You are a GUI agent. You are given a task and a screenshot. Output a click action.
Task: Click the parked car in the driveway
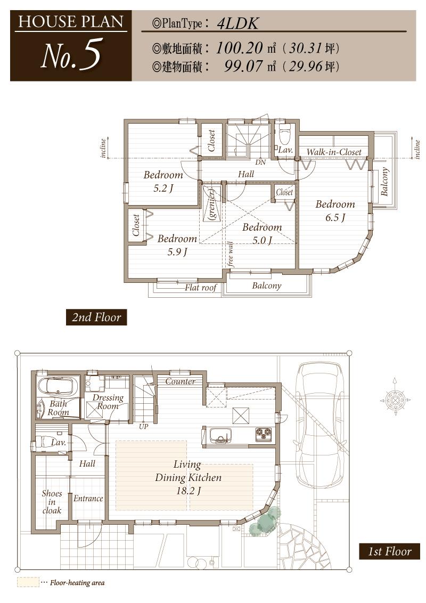click(320, 423)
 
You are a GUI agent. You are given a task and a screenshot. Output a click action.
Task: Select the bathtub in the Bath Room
click(58, 385)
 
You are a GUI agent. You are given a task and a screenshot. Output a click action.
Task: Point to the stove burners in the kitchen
click(263, 435)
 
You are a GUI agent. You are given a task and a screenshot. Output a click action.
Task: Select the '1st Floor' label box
click(390, 551)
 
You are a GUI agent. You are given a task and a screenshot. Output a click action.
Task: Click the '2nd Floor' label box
click(96, 317)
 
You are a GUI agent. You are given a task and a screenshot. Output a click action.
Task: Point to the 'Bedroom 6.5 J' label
click(335, 210)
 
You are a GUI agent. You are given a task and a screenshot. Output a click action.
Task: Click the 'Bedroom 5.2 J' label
click(163, 181)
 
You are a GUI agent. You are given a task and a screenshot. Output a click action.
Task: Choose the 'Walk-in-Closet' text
click(334, 152)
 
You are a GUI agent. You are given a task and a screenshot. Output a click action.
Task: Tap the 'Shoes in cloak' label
click(52, 502)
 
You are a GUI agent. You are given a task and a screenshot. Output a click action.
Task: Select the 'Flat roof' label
click(201, 288)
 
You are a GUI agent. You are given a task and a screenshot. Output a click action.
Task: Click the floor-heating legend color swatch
click(28, 582)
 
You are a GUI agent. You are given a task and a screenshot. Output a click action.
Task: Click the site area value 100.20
click(240, 48)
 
